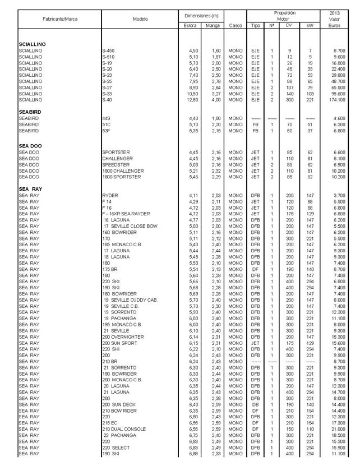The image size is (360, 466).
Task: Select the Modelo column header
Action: coord(140,19)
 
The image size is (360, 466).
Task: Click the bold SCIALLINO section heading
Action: coord(32,44)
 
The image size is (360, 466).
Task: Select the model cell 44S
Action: coord(106,118)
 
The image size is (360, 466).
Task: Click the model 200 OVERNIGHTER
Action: coord(123,336)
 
